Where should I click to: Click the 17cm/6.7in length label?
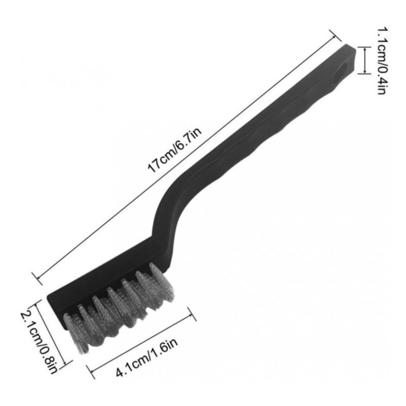(174, 150)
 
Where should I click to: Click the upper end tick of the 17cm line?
(335, 36)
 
